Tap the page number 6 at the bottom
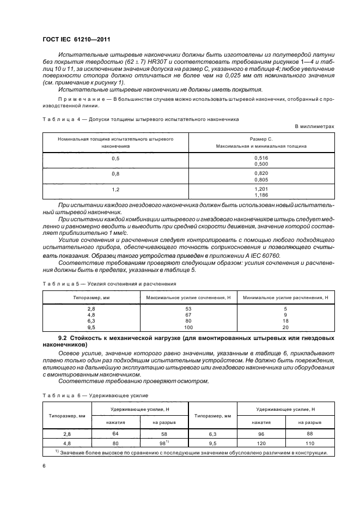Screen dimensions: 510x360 point(44,465)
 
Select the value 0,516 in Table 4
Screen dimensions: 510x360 point(261,157)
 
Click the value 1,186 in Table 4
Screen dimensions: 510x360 point(261,195)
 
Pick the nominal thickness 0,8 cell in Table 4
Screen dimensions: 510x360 point(115,174)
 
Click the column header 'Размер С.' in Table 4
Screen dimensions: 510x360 point(261,139)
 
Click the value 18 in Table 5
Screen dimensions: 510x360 point(285,322)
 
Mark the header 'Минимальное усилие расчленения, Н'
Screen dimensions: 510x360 point(285,297)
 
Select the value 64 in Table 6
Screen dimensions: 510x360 point(115,433)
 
